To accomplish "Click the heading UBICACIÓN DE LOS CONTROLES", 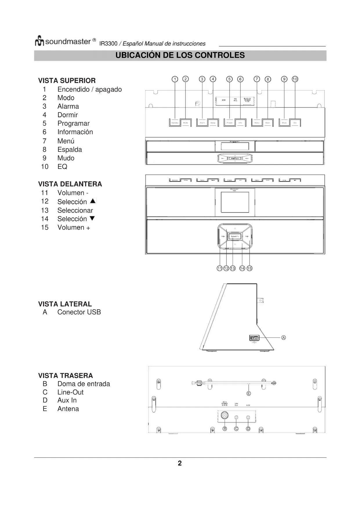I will [180, 55].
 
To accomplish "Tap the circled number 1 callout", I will [175, 79].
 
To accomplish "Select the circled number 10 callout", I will [295, 79].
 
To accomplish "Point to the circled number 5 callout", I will [229, 79].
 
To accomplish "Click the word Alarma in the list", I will [68, 107].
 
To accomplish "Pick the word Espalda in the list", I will [70, 150].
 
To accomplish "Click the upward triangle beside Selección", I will [93, 201].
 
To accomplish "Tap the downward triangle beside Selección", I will [92, 219].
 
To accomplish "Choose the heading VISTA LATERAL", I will [65, 304].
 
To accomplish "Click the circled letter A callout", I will [283, 337].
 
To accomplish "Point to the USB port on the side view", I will [254, 338].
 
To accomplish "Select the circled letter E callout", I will [249, 394].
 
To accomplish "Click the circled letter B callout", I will [225, 429].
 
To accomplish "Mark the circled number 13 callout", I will [233, 268].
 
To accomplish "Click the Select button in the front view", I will [235, 237].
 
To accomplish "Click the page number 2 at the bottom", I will [180, 463].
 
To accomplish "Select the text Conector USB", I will [79, 312].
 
